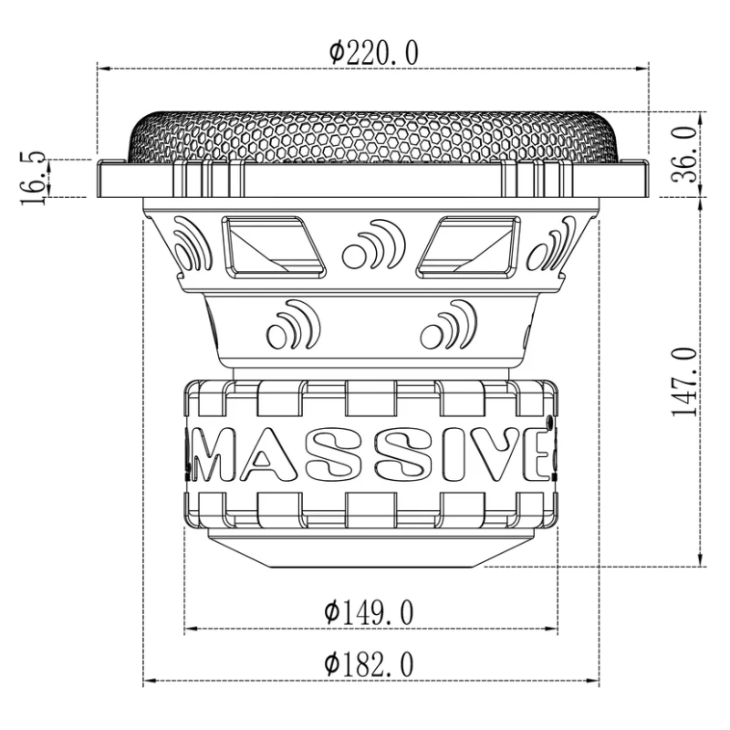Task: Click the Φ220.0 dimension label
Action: click(373, 53)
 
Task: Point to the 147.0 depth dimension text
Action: click(685, 381)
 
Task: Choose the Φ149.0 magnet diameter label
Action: click(369, 612)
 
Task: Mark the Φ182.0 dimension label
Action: click(369, 664)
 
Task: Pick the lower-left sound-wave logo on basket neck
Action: click(291, 325)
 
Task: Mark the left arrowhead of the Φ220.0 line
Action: click(102, 68)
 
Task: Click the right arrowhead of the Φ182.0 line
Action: click(598, 682)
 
